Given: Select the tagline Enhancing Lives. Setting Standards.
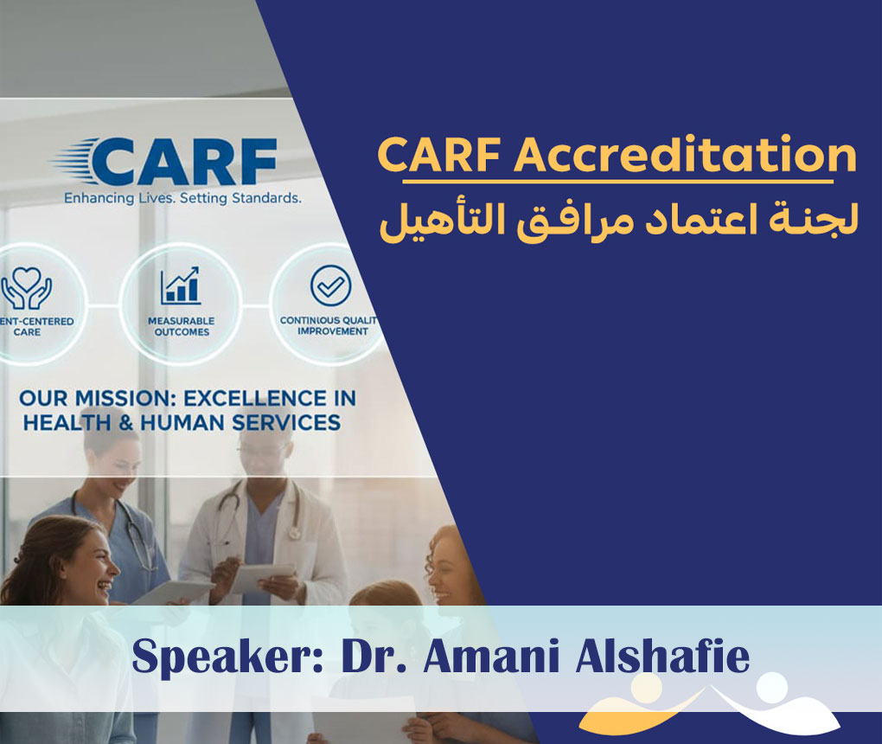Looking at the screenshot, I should tap(182, 198).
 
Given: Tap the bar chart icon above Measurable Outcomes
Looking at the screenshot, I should tap(179, 285).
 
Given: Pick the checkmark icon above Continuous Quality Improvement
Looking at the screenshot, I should tap(330, 286).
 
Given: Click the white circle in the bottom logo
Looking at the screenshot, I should tap(770, 688).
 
